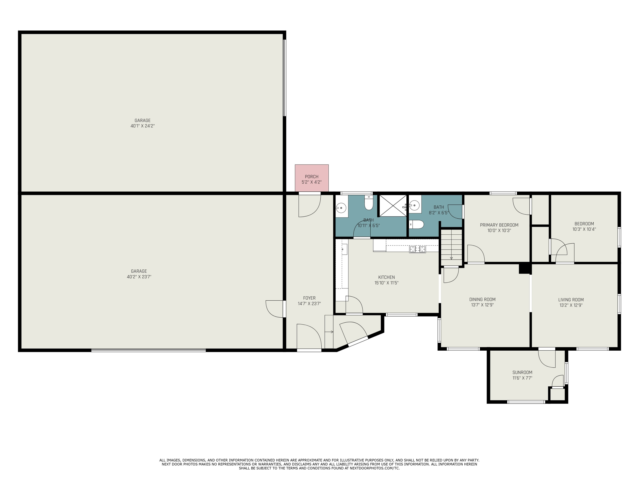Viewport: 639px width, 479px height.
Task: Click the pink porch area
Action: [x=312, y=178]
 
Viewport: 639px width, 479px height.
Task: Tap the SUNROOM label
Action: [x=522, y=373]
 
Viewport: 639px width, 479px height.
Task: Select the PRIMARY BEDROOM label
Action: [x=499, y=225]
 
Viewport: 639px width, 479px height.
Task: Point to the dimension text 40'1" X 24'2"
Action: [x=143, y=126]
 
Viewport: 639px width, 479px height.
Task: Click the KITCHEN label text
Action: [x=387, y=277]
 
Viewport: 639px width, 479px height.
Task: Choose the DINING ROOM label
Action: [x=482, y=299]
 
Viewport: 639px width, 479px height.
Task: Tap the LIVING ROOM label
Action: [x=571, y=300]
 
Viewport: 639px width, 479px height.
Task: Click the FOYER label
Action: [x=309, y=298]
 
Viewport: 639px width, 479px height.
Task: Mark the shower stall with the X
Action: [x=393, y=206]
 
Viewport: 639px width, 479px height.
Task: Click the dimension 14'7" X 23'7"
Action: [x=309, y=303]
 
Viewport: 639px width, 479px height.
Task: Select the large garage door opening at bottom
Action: [x=148, y=350]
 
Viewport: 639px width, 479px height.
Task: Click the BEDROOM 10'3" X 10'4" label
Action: [x=584, y=226]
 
